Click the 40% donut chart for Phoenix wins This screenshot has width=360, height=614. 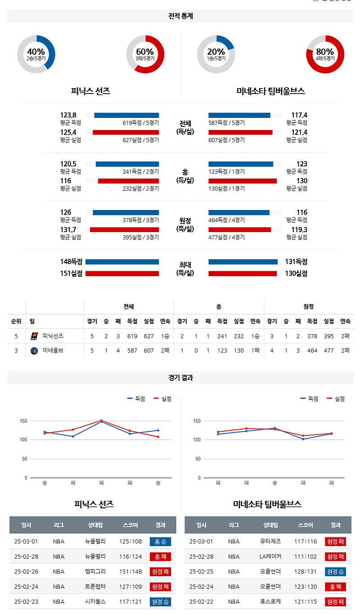pos(36,54)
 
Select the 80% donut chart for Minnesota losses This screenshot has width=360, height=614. pos(325,54)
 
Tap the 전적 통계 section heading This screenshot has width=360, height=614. pos(180,16)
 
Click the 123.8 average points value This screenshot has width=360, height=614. pos(68,115)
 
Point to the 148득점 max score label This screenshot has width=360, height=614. pos(71,262)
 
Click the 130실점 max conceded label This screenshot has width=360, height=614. pos(296,273)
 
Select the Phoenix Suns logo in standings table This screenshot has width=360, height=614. pos(34,336)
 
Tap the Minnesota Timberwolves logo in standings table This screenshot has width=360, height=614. pos(34,350)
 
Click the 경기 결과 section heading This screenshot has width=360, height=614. pos(180,378)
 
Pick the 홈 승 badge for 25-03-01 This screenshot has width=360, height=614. pos(160,542)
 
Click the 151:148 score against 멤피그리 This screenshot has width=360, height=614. pos(130,572)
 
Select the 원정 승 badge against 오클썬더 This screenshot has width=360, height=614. pos(335,572)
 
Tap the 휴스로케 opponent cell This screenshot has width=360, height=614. pos(270,601)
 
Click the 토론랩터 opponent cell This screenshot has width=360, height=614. pos(95,587)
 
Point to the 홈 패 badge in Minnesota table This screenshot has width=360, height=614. pos(335,587)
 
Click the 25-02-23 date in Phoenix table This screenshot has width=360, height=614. pos(26,601)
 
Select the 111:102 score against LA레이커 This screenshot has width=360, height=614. pos(306,556)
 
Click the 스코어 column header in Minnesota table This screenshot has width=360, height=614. pos(306,525)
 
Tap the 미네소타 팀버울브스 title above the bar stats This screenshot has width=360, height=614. pos(270,91)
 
